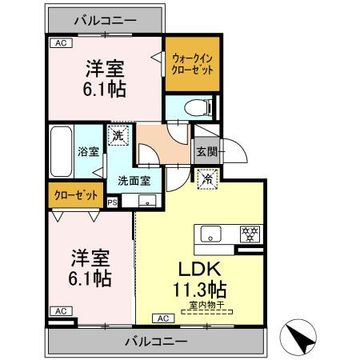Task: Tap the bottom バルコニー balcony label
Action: (x=157, y=342)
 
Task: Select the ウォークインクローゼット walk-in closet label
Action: (x=192, y=63)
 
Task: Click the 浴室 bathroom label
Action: (x=87, y=150)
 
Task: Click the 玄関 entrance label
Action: (x=206, y=150)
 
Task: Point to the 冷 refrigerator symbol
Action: (x=206, y=180)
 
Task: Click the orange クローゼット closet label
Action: (x=77, y=194)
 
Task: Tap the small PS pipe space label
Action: (x=111, y=202)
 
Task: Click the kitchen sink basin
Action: (x=211, y=235)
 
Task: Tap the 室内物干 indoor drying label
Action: (x=205, y=306)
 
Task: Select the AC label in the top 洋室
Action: (x=58, y=44)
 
